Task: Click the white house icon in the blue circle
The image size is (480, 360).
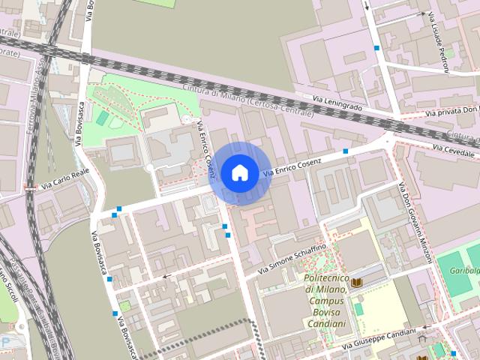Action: (239, 172)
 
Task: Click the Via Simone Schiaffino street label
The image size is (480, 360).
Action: (292, 258)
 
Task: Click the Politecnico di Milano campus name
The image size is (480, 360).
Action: (326, 301)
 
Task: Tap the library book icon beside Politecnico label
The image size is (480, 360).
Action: (356, 282)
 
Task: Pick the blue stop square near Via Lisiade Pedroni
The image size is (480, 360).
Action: (377, 48)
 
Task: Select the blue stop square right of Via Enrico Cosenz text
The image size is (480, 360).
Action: (345, 151)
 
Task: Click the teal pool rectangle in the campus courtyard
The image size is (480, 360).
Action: (359, 309)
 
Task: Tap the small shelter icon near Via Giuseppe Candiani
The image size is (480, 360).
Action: (422, 339)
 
